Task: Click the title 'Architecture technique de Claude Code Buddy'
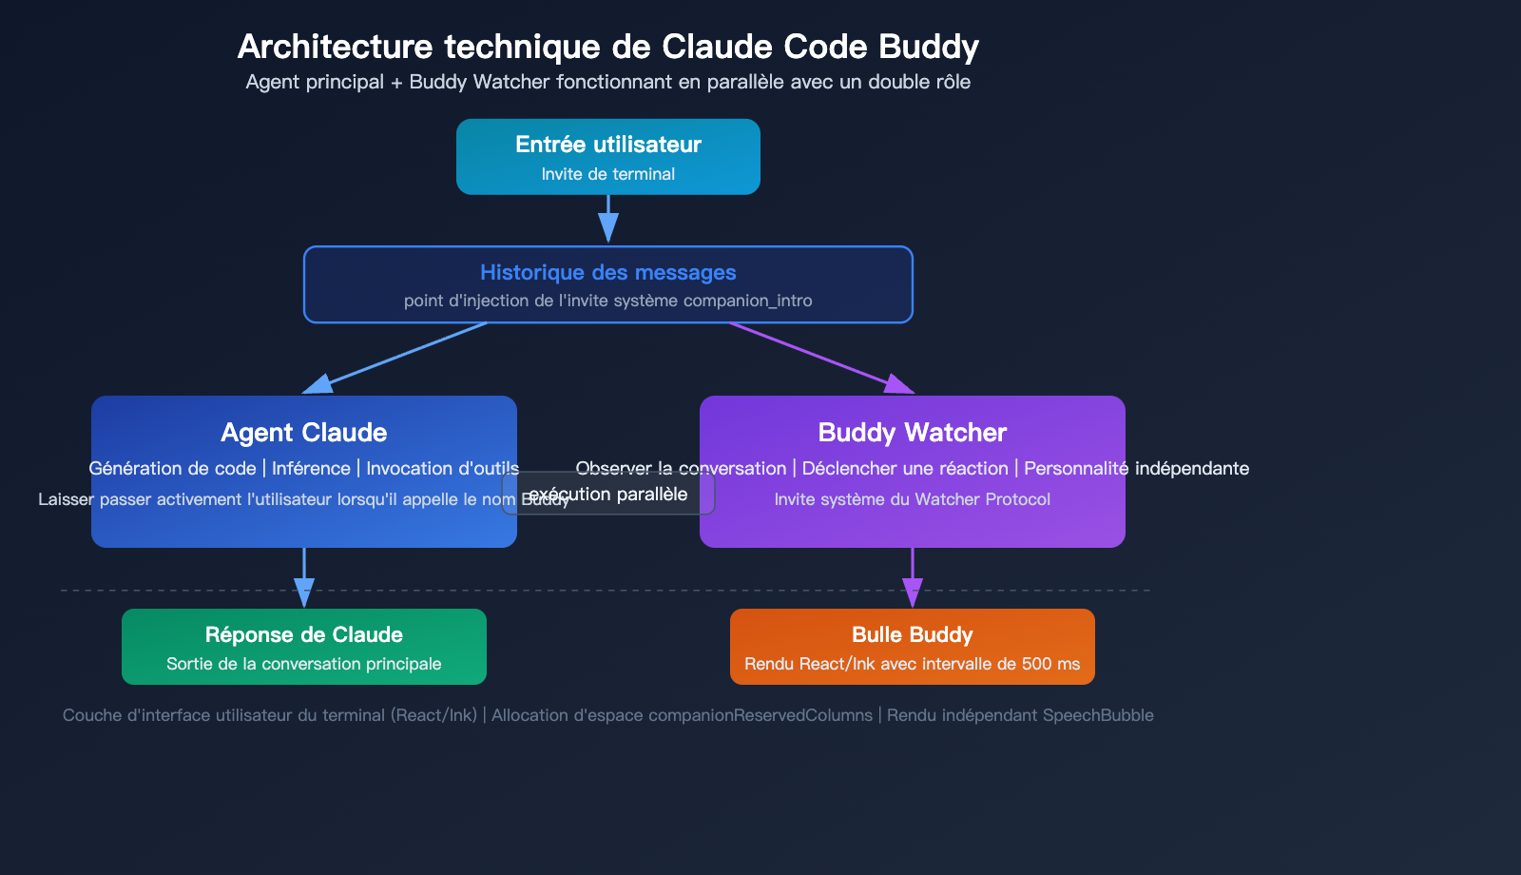click(x=608, y=47)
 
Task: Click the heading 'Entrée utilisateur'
click(x=608, y=145)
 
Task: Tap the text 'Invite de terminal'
click(x=608, y=174)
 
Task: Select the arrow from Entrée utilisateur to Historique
click(x=608, y=219)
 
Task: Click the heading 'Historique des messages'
click(x=608, y=273)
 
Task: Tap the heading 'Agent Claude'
click(x=304, y=433)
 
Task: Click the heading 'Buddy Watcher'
click(x=913, y=433)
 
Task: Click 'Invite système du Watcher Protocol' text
click(x=913, y=499)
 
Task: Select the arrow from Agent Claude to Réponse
click(x=304, y=575)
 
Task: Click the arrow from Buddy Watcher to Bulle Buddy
click(x=913, y=575)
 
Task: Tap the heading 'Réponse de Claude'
click(x=304, y=634)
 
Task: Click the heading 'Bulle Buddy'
click(x=913, y=634)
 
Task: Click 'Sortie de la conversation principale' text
click(x=304, y=664)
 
